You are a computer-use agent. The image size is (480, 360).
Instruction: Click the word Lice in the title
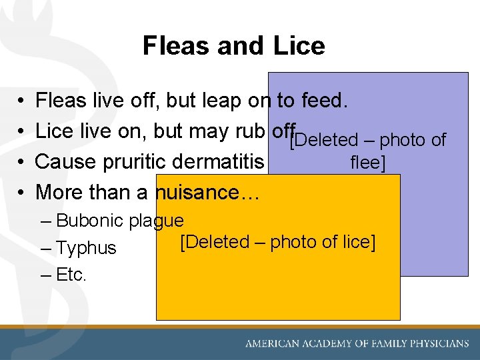click(x=300, y=46)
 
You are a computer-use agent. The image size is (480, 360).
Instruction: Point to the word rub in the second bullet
click(x=253, y=131)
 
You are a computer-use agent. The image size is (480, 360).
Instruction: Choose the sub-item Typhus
click(x=86, y=248)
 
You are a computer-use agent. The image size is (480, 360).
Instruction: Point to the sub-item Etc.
click(x=71, y=275)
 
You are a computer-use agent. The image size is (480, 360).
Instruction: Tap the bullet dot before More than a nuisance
click(x=22, y=193)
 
